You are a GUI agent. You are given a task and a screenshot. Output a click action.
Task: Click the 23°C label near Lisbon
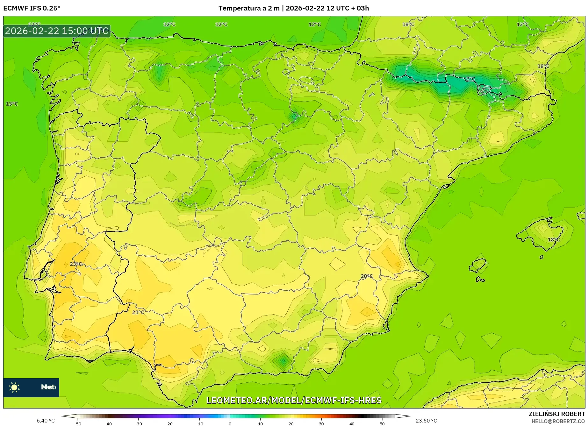(x=76, y=264)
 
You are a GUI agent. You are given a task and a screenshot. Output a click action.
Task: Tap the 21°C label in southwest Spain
(x=138, y=312)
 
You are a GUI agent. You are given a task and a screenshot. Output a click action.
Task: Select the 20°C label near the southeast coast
(x=366, y=276)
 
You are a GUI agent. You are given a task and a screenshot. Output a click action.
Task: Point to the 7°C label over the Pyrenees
(x=470, y=79)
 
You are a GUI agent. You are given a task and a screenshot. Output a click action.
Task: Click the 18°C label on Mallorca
(x=554, y=239)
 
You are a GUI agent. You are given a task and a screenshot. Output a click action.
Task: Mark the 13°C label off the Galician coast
(x=12, y=104)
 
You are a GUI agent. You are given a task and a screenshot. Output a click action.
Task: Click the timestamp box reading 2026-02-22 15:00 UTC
(x=57, y=31)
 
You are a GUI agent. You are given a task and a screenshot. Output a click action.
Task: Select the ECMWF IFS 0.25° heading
(x=32, y=8)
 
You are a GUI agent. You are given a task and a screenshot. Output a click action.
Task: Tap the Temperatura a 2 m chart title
(x=293, y=8)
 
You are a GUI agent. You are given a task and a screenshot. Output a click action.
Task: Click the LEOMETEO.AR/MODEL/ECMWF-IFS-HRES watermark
(x=294, y=400)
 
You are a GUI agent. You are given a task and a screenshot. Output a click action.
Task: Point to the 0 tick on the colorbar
(x=230, y=423)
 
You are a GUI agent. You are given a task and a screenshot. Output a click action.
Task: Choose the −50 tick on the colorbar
(x=77, y=423)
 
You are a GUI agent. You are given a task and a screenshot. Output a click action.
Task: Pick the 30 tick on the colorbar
(x=321, y=423)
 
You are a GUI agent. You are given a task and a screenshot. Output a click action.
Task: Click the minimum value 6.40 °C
(x=46, y=421)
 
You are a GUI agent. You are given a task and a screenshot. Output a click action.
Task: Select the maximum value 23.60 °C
(x=426, y=421)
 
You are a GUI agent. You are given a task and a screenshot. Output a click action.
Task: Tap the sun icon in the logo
(x=14, y=387)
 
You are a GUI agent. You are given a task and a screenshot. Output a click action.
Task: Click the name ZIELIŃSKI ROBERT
(x=556, y=414)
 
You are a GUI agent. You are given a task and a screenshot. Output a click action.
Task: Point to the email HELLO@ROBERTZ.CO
(x=558, y=421)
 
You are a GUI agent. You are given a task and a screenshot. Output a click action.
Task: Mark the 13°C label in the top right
(x=522, y=24)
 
